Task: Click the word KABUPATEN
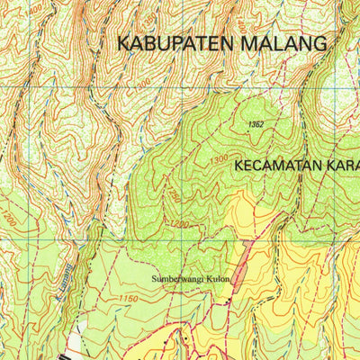(171, 42)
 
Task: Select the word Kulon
(222, 278)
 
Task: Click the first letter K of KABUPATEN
(123, 42)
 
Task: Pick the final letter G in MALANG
(319, 42)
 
